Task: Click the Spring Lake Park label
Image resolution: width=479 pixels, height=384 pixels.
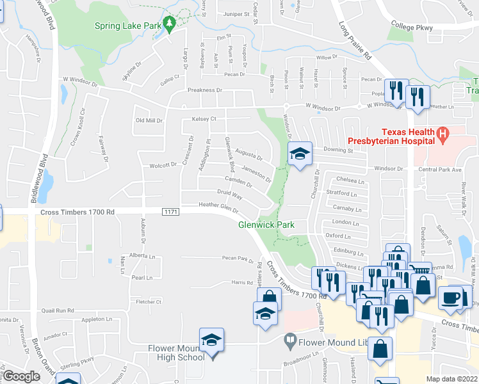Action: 127,26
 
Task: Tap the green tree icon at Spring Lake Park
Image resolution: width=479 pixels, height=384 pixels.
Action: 170,24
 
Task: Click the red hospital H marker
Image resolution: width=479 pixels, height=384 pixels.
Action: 441,134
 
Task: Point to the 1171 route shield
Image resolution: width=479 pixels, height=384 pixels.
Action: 170,212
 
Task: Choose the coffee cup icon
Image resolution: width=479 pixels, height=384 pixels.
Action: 451,298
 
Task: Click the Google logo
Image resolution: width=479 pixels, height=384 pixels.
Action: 21,376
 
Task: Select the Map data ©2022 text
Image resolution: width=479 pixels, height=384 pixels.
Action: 452,378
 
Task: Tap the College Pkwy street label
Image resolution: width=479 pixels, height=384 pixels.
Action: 412,28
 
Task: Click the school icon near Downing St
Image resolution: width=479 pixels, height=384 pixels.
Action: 298,154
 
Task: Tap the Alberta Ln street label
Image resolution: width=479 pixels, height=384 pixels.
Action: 142,255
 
